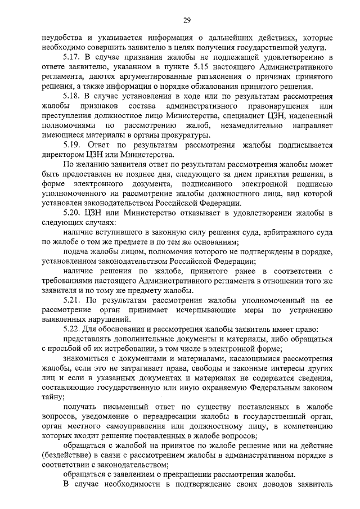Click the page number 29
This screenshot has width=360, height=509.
[187, 21]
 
